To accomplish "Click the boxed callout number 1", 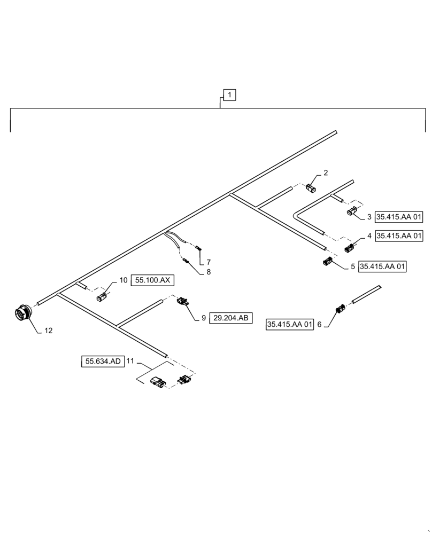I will coord(229,95).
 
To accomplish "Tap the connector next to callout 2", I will coord(311,188).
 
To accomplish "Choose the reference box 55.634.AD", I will coord(102,362).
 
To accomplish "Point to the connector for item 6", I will coord(340,309).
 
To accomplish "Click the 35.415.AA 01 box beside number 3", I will coord(399,217).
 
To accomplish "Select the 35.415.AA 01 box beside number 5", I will coord(383,266).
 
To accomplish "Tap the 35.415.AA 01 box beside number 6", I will coord(289,324).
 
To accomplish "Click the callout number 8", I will coord(209,272).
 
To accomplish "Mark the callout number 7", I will coord(209,262).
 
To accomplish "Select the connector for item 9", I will coord(183,302).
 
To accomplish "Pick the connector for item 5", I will coord(327,261).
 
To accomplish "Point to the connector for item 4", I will coord(350,247).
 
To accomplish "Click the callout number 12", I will coord(49,331).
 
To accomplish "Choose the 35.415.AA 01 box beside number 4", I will coord(399,235).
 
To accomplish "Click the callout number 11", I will coord(130,362).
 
